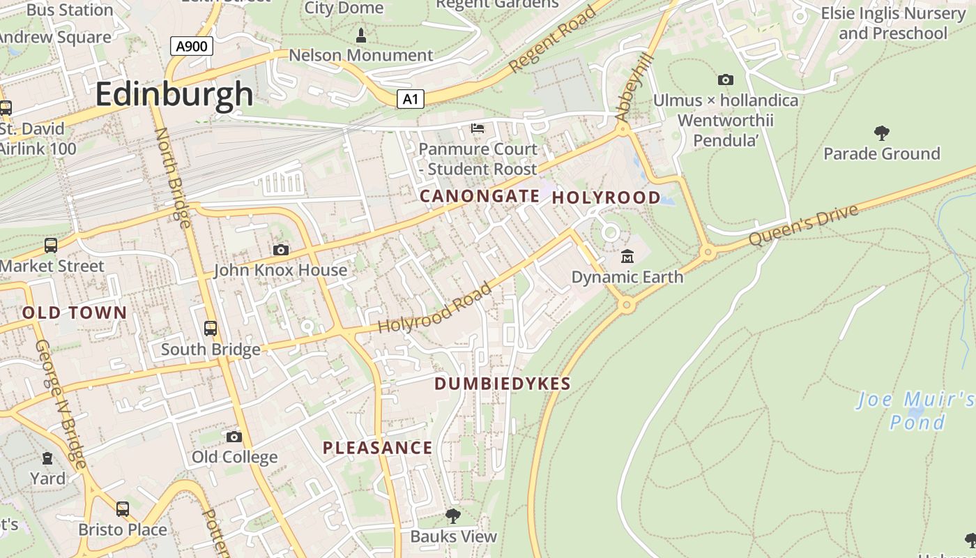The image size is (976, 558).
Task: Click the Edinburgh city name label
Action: coord(174,93)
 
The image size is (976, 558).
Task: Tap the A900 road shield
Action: coord(191,47)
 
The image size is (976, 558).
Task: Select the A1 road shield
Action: coord(410,99)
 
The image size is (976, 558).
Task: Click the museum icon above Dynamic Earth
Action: coord(627,257)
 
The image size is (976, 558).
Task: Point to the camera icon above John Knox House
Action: coord(280,250)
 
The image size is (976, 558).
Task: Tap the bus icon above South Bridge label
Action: coord(210,328)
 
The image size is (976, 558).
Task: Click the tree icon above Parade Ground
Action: coord(881,133)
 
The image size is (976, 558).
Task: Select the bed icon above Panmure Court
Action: coord(478,128)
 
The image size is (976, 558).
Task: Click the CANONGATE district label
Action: coord(479,197)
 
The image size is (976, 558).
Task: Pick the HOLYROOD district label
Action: coord(606,198)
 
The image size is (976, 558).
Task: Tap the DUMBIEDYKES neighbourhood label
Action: coord(503,384)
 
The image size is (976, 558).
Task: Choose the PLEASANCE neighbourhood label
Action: coord(377,448)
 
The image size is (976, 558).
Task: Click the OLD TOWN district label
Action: coord(75,313)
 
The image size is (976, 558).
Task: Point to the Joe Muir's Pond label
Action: coord(915,411)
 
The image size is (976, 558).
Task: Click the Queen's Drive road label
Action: coord(803,225)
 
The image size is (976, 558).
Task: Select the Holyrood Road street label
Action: coord(435,308)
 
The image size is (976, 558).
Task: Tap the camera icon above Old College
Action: coord(234,437)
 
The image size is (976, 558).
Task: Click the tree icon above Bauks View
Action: coord(453,516)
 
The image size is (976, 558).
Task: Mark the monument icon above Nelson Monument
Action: coord(361,34)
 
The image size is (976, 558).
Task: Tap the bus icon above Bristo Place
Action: coord(123,509)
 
